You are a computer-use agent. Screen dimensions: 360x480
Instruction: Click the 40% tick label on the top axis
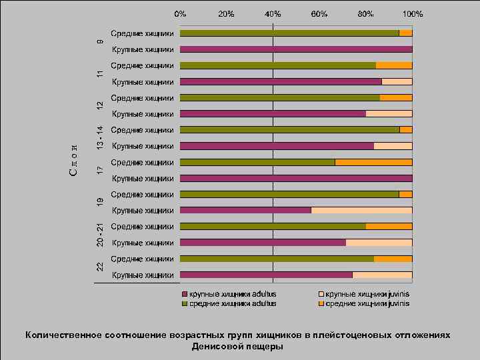click(x=273, y=13)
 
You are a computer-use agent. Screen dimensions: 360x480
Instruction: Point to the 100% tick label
click(x=412, y=13)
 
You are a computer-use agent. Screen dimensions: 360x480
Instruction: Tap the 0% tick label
click(x=180, y=13)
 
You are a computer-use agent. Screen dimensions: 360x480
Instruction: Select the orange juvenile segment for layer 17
click(x=373, y=162)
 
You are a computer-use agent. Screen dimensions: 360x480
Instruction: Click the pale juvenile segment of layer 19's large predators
click(x=361, y=211)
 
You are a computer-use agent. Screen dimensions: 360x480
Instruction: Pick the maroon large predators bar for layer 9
click(x=296, y=49)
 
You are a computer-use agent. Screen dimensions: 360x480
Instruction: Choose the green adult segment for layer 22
click(x=277, y=259)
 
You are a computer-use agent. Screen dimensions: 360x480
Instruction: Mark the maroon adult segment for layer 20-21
click(x=263, y=243)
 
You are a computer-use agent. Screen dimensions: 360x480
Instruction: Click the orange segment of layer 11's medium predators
click(x=394, y=65)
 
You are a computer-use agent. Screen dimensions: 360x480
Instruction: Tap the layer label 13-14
click(x=99, y=137)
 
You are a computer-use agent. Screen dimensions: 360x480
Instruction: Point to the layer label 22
click(x=99, y=267)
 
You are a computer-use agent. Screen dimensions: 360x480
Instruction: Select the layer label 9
click(x=99, y=41)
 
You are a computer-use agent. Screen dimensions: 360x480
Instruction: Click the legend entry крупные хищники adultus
click(x=233, y=293)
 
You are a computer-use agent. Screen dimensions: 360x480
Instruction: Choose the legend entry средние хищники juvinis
click(x=367, y=303)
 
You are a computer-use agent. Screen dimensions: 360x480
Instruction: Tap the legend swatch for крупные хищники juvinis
click(x=320, y=293)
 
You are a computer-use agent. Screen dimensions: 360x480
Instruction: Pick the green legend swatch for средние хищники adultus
click(x=185, y=303)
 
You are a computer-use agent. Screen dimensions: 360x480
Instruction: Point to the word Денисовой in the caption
click(x=217, y=347)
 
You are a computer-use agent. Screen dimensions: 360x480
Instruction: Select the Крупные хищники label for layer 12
click(x=143, y=114)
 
